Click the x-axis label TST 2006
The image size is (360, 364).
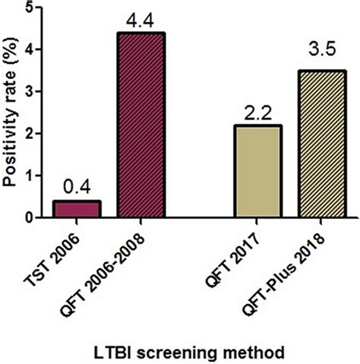coord(70,251)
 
